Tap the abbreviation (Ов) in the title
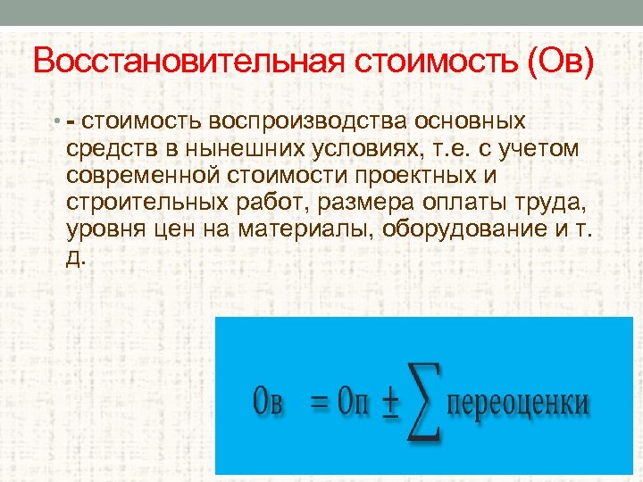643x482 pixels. point(559,63)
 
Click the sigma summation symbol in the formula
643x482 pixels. point(423,401)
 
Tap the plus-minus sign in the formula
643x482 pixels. point(389,403)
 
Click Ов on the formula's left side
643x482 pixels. point(268,402)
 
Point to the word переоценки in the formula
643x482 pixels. point(518,403)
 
